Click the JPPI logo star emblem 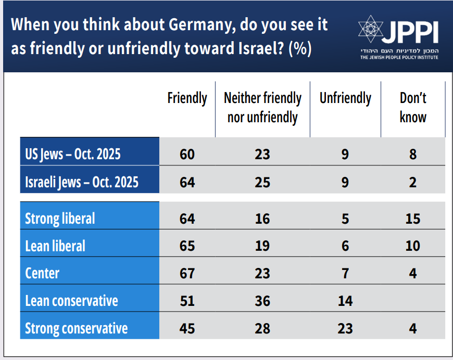coord(370,30)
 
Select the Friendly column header coord(187,98)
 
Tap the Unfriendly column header coord(345,98)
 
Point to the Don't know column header coord(413,108)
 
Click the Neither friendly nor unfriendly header coord(262,108)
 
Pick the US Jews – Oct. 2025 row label coord(73,155)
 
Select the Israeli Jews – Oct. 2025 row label coord(82,182)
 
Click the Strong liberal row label coord(60,218)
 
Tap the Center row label coord(42,273)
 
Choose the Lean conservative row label coord(71,300)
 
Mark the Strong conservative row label coord(76,328)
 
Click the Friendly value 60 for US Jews coord(187,155)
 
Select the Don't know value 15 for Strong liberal coord(413,218)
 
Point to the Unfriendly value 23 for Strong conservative coord(345,328)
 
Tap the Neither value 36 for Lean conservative coord(262,300)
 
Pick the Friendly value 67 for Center coord(187,273)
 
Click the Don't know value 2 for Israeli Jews coord(413,182)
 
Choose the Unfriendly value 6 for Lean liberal coord(345,246)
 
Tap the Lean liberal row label coord(55,246)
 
